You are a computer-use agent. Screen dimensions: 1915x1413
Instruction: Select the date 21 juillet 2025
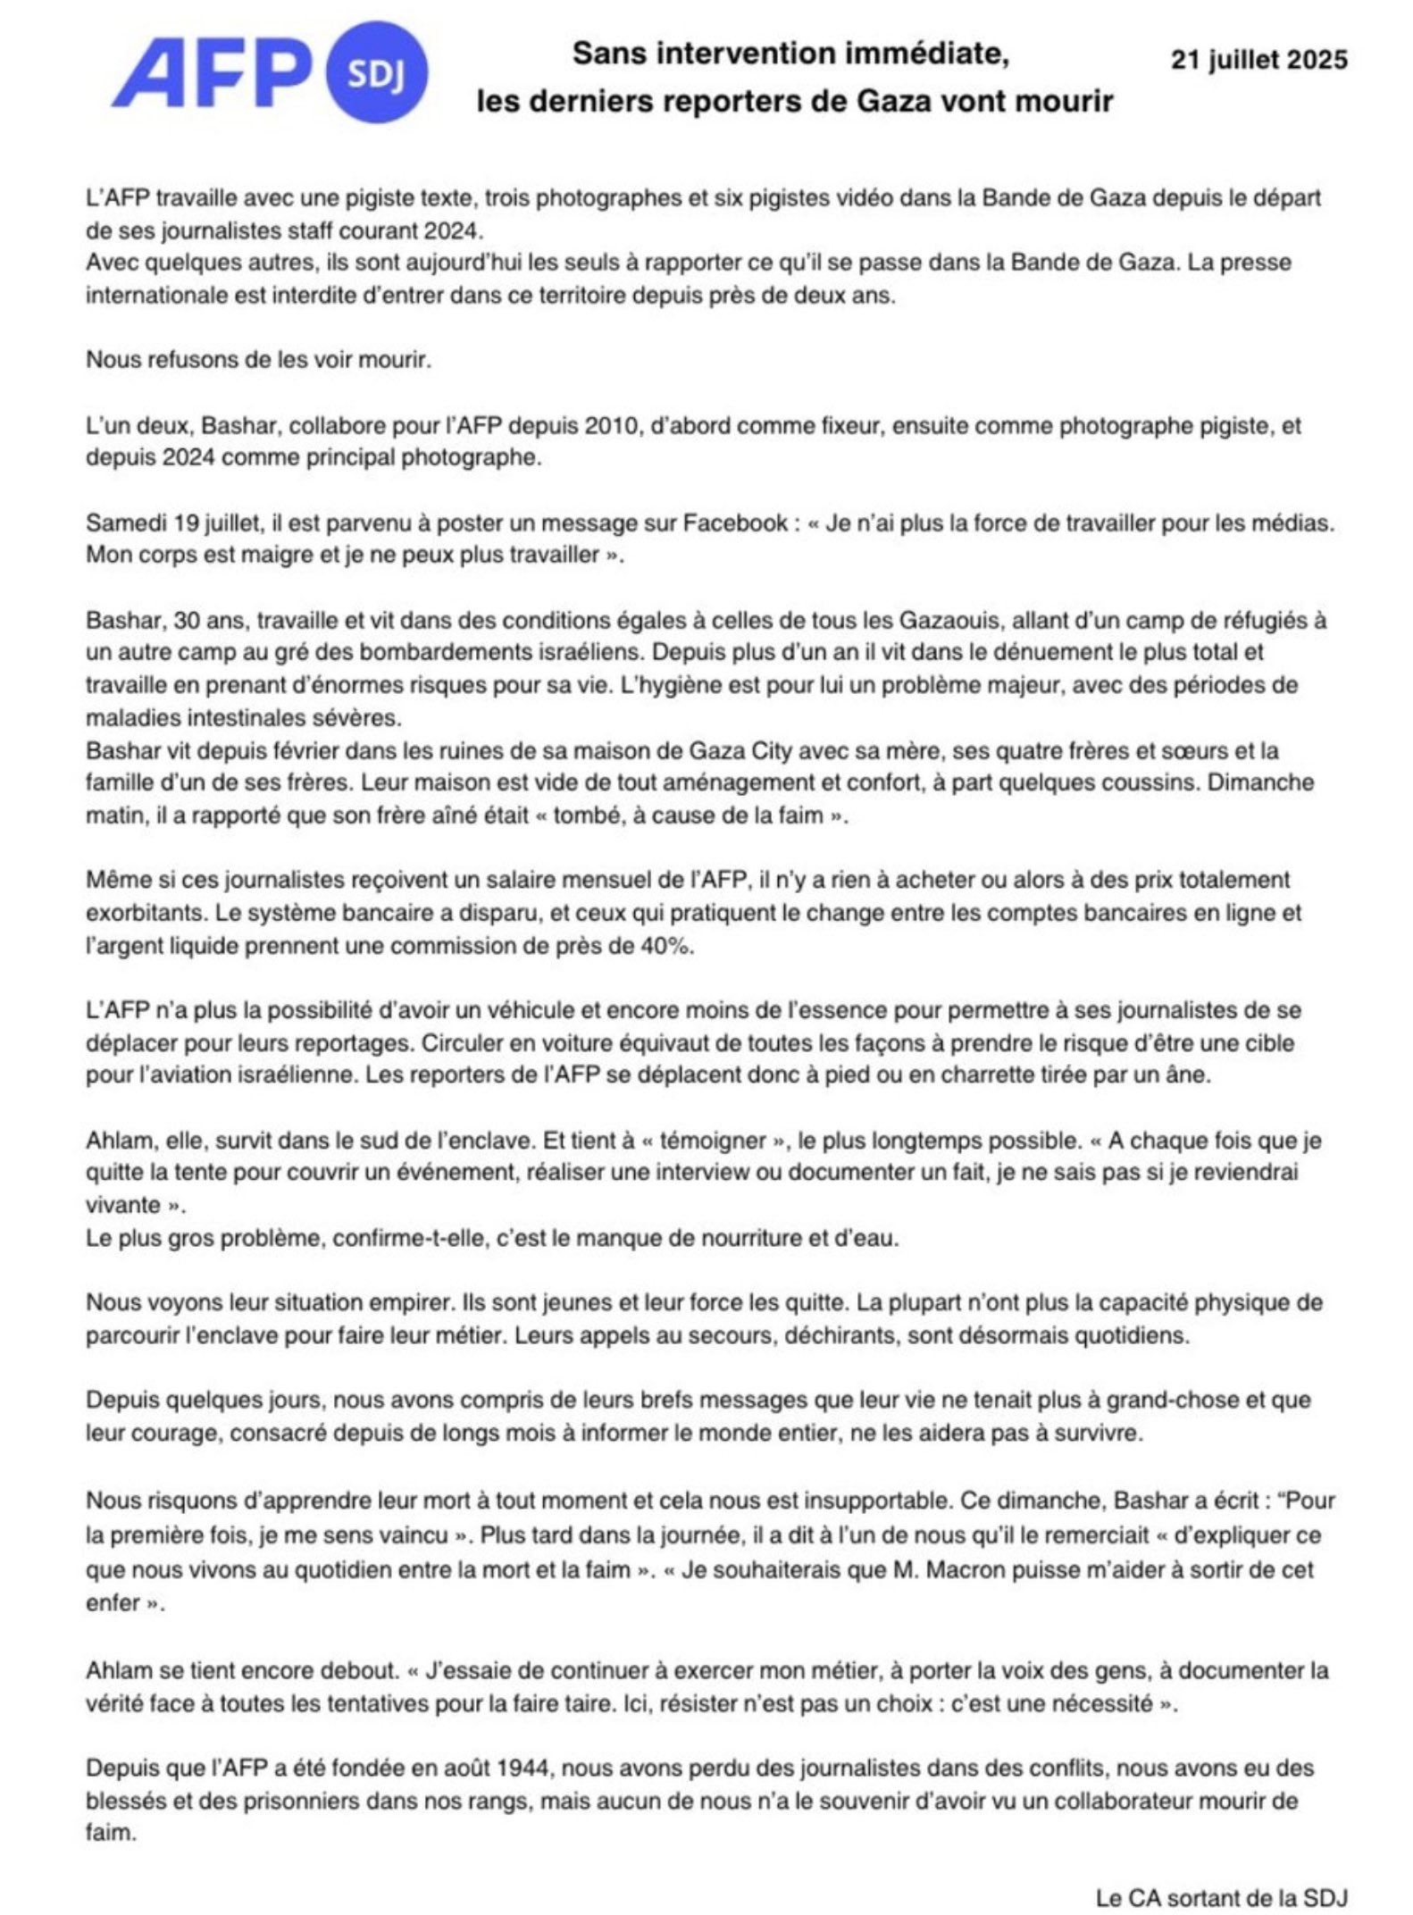coord(1258,60)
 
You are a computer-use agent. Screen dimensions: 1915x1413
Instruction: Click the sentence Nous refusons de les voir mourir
coord(259,360)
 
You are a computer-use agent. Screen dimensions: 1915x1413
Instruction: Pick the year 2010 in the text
coord(614,425)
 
